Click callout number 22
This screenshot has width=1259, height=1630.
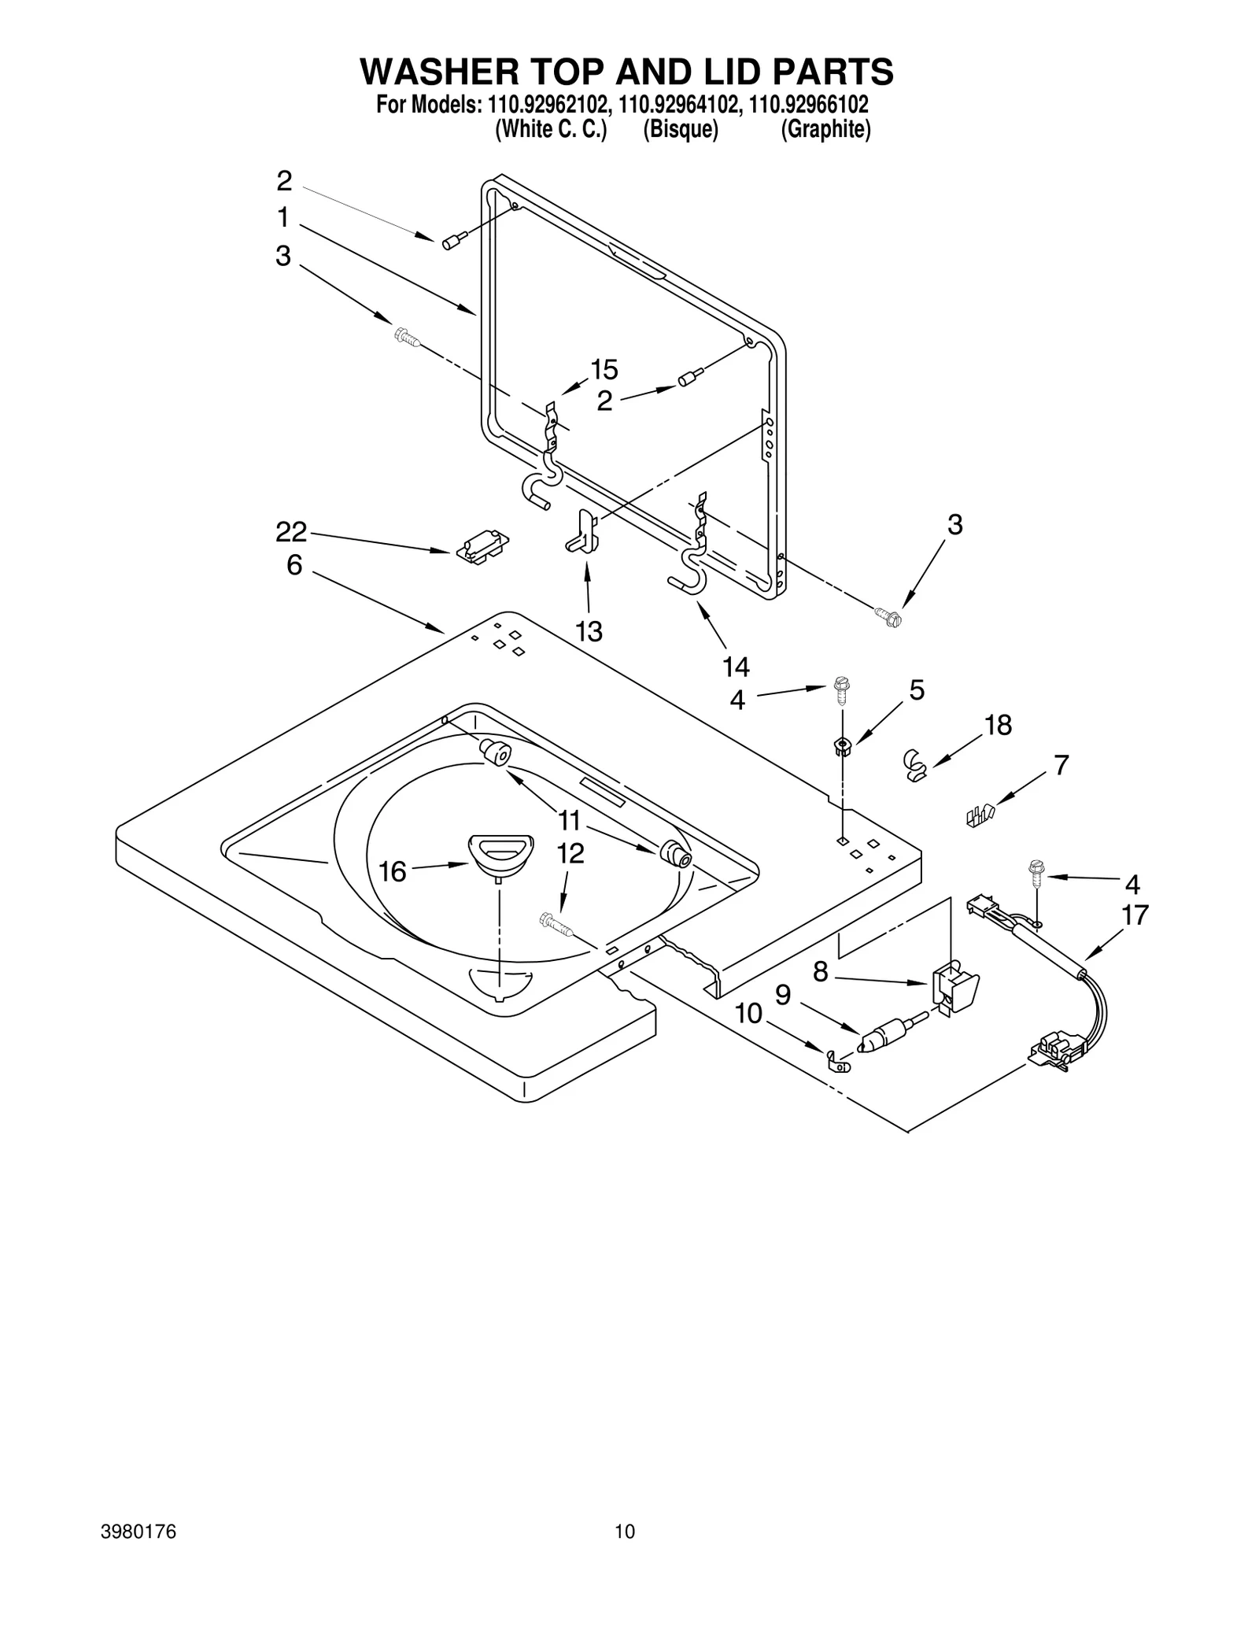pyautogui.click(x=290, y=533)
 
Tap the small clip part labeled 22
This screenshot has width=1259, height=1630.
pyautogui.click(x=482, y=545)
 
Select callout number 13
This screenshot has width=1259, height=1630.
pyautogui.click(x=589, y=630)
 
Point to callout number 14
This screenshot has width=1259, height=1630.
pyautogui.click(x=736, y=667)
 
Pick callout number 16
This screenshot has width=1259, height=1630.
pyautogui.click(x=392, y=871)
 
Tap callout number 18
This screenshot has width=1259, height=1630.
pyautogui.click(x=998, y=725)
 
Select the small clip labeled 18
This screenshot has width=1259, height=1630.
pyautogui.click(x=914, y=764)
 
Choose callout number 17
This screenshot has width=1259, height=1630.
pyautogui.click(x=1135, y=915)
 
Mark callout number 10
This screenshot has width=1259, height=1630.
pyautogui.click(x=748, y=1013)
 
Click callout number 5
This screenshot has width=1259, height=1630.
pyautogui.click(x=917, y=690)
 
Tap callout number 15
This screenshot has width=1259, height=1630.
pyautogui.click(x=604, y=369)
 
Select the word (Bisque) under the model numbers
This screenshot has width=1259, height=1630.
pyautogui.click(x=681, y=130)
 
